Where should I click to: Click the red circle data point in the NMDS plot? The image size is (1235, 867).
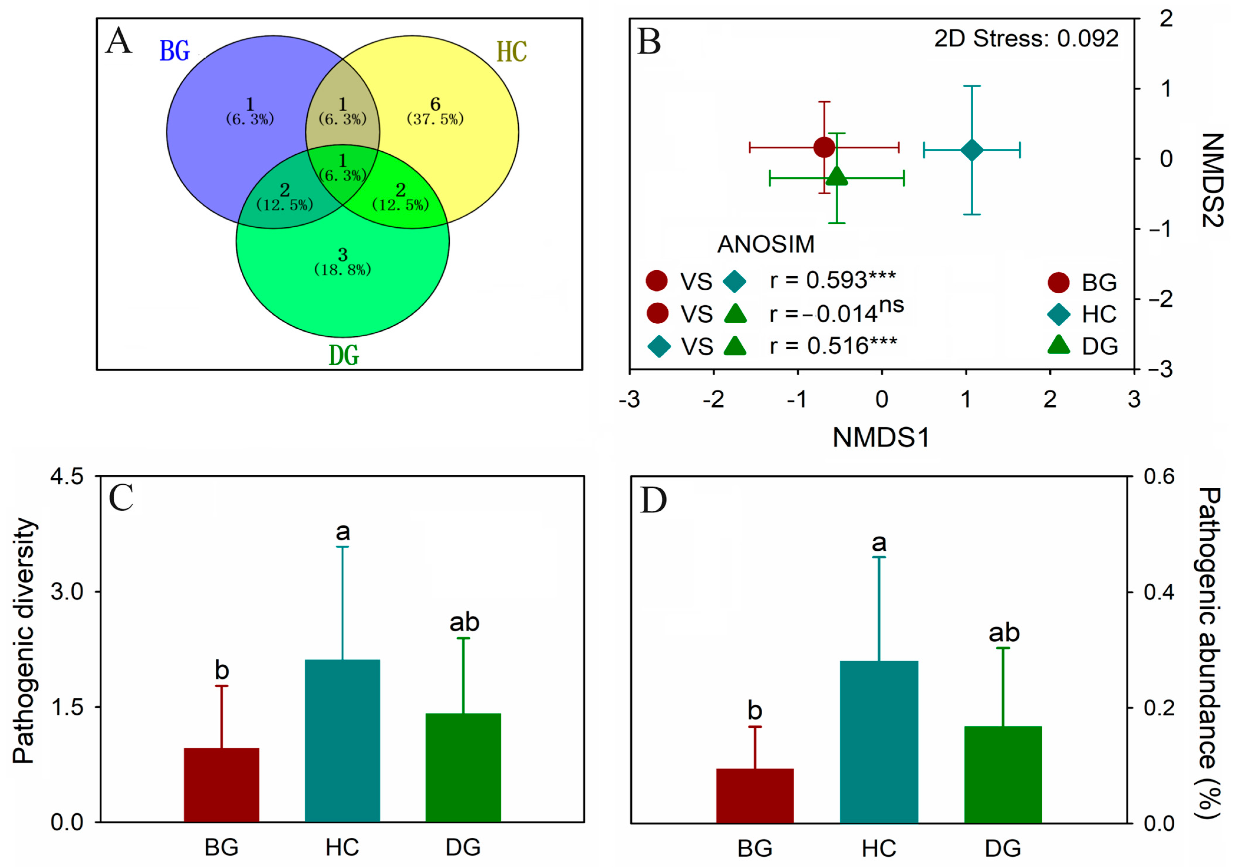pyautogui.click(x=824, y=147)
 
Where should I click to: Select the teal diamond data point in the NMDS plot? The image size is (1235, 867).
pyautogui.click(x=972, y=150)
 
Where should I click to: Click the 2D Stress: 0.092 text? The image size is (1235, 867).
pyautogui.click(x=1026, y=39)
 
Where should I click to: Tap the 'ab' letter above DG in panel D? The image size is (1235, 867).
pyautogui.click(x=1004, y=633)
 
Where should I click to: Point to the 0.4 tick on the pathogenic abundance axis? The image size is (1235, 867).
pyautogui.click(x=1159, y=592)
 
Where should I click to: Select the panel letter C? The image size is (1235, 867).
pyautogui.click(x=121, y=498)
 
